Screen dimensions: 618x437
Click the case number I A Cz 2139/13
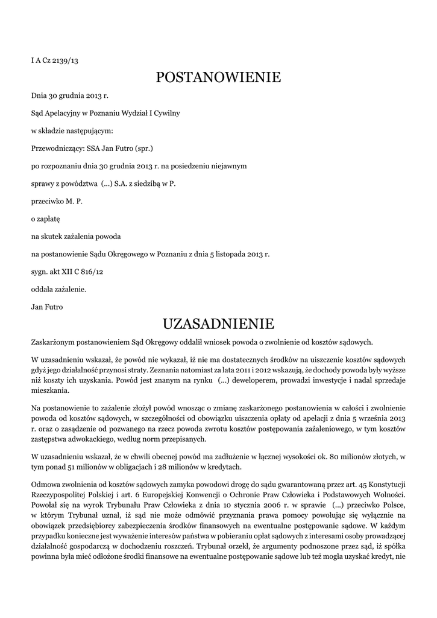[x=55, y=60]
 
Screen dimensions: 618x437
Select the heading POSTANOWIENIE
[x=218, y=78]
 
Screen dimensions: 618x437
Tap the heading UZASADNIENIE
[x=218, y=324]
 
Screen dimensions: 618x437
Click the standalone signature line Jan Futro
[x=47, y=307]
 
